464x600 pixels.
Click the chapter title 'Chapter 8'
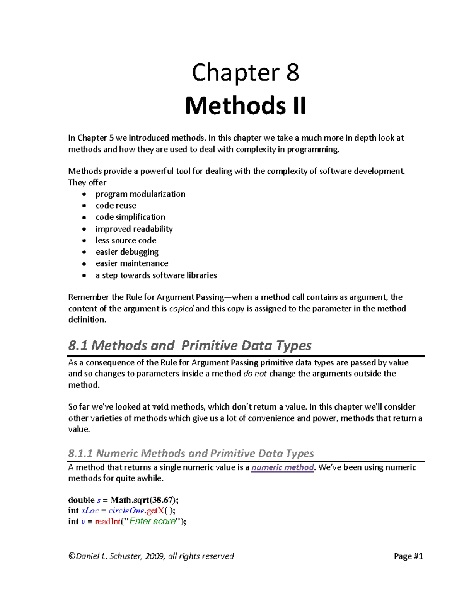pyautogui.click(x=246, y=73)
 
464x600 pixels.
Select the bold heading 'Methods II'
pyautogui.click(x=246, y=106)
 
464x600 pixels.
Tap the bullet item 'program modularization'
pyautogui.click(x=140, y=194)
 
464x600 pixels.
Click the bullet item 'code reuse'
pyautogui.click(x=116, y=206)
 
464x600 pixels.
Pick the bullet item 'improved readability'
pyautogui.click(x=134, y=229)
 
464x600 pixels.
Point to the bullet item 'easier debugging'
pyautogui.click(x=127, y=252)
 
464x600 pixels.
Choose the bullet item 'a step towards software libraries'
pyautogui.click(x=156, y=275)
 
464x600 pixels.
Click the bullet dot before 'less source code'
pyautogui.click(x=84, y=241)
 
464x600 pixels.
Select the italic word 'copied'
pyautogui.click(x=181, y=308)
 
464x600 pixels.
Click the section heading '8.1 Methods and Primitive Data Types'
pyautogui.click(x=189, y=345)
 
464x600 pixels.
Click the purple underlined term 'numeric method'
pyautogui.click(x=282, y=467)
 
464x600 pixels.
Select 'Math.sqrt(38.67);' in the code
pyautogui.click(x=144, y=500)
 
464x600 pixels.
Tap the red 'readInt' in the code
pyautogui.click(x=107, y=522)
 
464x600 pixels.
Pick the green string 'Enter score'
pyautogui.click(x=152, y=522)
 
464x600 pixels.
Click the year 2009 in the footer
pyautogui.click(x=155, y=556)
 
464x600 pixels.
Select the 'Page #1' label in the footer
pyautogui.click(x=408, y=556)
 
